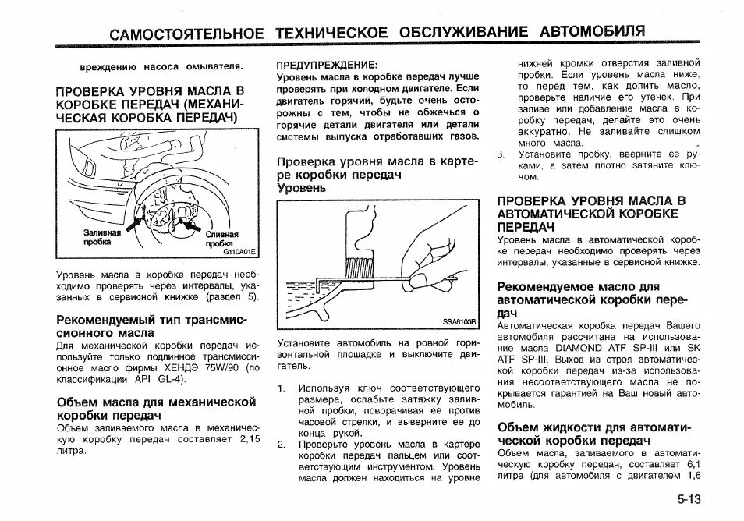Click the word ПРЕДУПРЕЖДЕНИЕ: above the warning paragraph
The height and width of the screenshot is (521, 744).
tap(328, 66)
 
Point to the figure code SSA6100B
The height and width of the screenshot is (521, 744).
tap(459, 321)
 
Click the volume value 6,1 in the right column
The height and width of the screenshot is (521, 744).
tap(690, 464)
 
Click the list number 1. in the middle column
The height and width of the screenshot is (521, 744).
tap(282, 388)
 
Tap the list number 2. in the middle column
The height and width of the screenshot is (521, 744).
tap(282, 444)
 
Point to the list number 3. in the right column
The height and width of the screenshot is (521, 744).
tap(501, 154)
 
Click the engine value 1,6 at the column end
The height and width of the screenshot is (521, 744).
tap(694, 476)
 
